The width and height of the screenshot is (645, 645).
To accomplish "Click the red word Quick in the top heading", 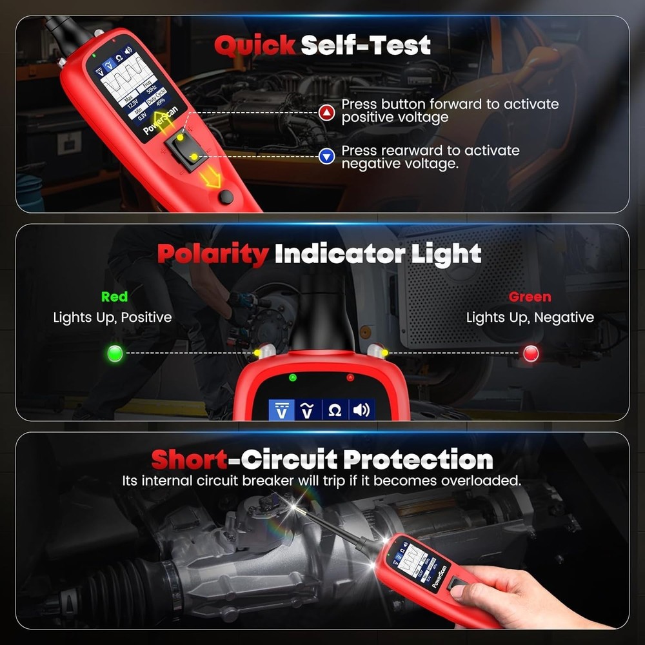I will tap(254, 45).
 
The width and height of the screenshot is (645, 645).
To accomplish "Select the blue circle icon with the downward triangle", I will tap(328, 155).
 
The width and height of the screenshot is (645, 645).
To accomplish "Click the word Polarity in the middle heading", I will tap(212, 254).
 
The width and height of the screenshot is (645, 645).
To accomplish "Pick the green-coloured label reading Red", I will tap(114, 297).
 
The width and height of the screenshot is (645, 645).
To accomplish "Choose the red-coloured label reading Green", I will tap(530, 297).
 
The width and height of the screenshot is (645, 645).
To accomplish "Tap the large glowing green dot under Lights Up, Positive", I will tap(115, 353).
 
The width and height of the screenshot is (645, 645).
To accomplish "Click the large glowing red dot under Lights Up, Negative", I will tap(531, 353).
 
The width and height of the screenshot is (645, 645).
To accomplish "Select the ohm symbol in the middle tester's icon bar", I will tap(335, 410).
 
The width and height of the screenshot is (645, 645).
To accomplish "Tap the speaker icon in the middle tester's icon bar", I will tap(361, 410).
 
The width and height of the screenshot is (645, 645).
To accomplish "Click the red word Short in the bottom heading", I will tap(189, 460).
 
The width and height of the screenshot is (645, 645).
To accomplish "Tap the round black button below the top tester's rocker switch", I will tap(225, 197).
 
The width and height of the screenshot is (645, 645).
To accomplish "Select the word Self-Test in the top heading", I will tap(366, 45).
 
